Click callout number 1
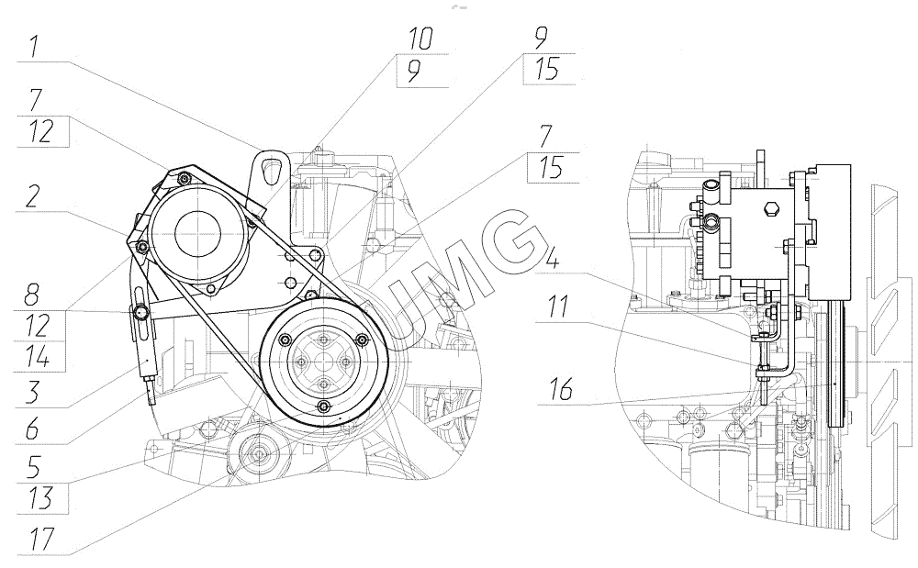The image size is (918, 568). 34,46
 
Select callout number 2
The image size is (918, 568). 33,196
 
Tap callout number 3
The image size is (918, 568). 33,392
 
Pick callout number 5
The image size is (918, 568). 34,468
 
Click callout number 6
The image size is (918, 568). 32,430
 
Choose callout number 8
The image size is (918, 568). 31,295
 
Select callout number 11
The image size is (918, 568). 557,306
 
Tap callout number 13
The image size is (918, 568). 39,498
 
